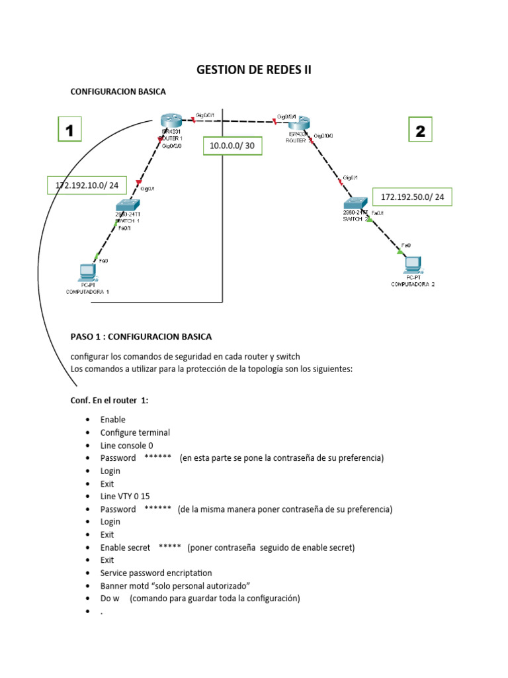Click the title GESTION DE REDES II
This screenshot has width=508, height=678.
click(x=254, y=70)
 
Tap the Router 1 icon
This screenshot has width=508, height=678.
click(x=170, y=121)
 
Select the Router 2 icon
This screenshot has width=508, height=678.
click(x=299, y=123)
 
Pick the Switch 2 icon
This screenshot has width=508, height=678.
click(x=356, y=203)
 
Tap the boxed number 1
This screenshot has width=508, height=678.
click(x=69, y=129)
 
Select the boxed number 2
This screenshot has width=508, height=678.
click(x=420, y=129)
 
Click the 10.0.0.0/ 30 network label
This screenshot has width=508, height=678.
click(x=232, y=146)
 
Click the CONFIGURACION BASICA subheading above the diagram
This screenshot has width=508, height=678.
click(x=118, y=91)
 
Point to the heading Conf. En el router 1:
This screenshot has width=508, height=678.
click(x=110, y=400)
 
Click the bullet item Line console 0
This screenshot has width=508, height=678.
click(x=126, y=445)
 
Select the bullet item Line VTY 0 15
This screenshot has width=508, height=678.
click(x=126, y=496)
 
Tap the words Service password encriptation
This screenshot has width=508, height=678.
click(x=156, y=573)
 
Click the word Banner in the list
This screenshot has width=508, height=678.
click(x=114, y=585)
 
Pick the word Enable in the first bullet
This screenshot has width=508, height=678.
click(x=112, y=419)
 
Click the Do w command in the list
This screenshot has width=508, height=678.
click(x=109, y=599)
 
